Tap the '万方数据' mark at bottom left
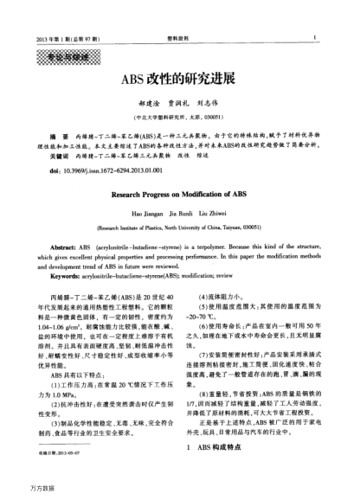[x=16, y=490]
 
